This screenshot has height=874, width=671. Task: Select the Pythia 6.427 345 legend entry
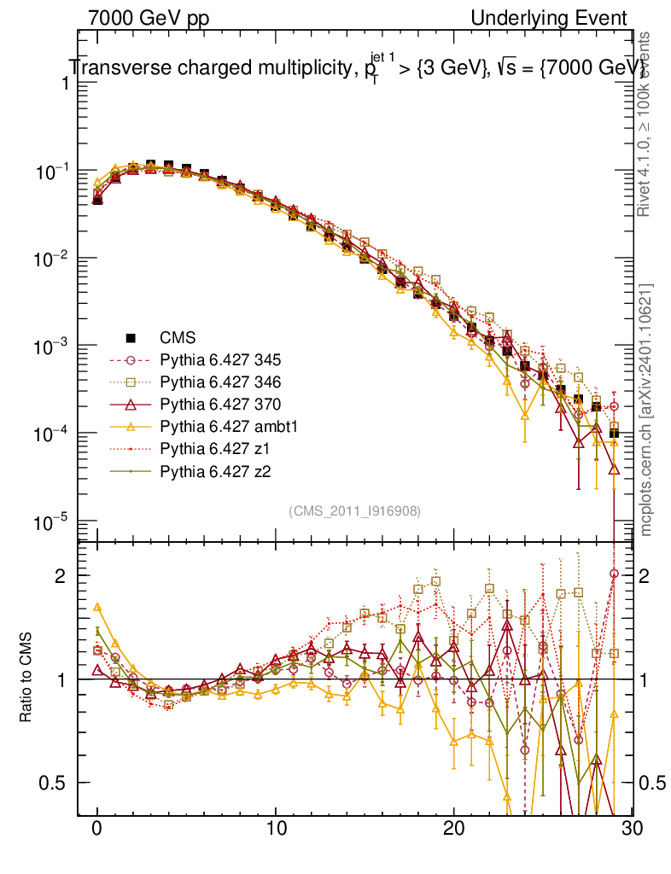click(x=213, y=359)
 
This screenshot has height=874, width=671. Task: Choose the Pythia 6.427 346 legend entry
click(x=213, y=382)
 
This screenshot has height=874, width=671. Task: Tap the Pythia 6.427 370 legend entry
click(x=213, y=404)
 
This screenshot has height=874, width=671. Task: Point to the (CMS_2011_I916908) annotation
click(x=354, y=510)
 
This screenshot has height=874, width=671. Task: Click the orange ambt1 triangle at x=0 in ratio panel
click(x=97, y=607)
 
